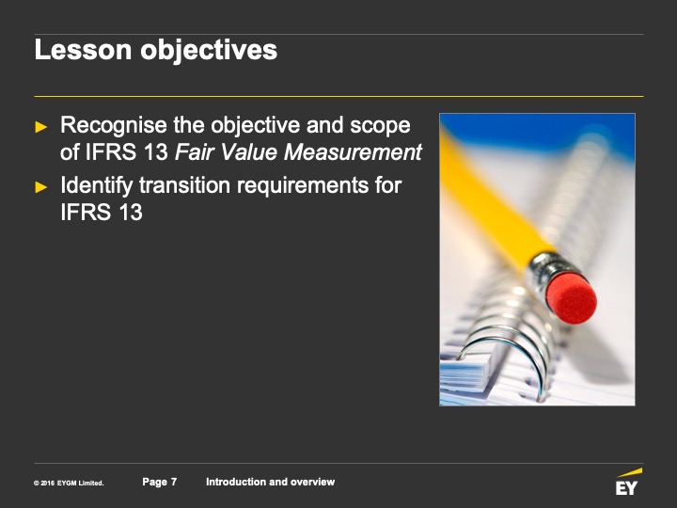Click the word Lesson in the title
83,50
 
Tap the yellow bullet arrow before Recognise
41,127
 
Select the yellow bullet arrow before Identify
41,187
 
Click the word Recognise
114,126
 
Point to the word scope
380,126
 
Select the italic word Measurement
353,152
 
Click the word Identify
97,186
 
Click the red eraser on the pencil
572,298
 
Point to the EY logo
628,482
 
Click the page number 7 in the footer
174,482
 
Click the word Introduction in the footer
236,482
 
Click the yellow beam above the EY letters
629,472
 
